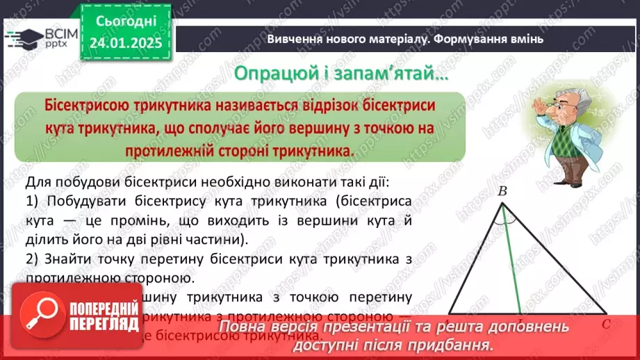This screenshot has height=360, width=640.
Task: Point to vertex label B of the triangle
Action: pos(502,190)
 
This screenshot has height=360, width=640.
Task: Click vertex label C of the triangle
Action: pos(607,323)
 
